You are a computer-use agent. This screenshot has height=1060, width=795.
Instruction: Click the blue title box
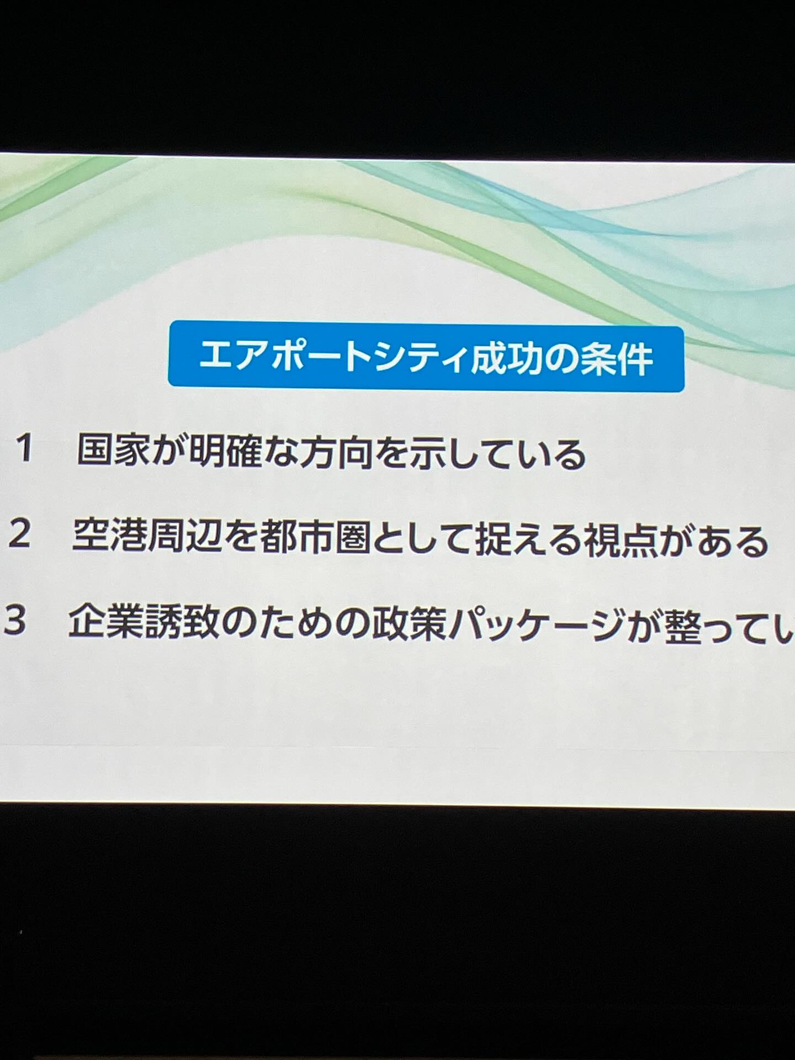tap(426, 356)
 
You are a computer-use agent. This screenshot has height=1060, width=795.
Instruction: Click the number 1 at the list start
tap(25, 449)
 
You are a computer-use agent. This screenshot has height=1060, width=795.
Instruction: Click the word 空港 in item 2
tap(109, 536)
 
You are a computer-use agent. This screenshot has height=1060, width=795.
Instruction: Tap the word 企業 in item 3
tap(105, 622)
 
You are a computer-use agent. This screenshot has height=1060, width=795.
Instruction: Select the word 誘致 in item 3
tap(180, 622)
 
